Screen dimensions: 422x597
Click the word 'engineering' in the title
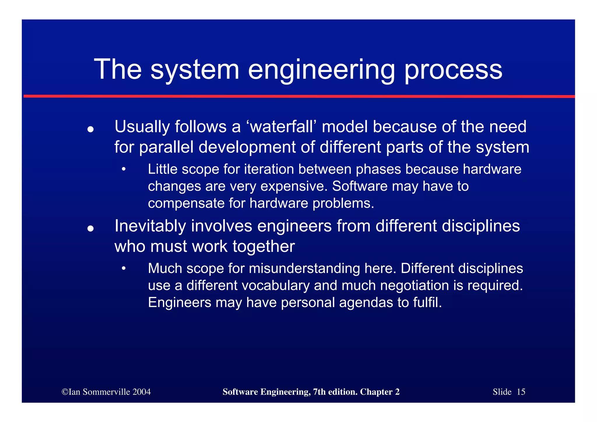[x=321, y=70]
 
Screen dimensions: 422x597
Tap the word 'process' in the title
[x=453, y=70]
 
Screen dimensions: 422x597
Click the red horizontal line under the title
[x=298, y=96]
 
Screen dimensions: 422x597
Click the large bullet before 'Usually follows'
[x=90, y=129]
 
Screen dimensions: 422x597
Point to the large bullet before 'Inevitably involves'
[x=90, y=228]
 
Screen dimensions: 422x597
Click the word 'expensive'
[x=294, y=186]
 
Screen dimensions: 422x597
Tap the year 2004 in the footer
[x=141, y=392]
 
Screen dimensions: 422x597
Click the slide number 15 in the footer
[x=521, y=392]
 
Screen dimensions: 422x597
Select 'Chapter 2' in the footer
[x=380, y=392]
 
